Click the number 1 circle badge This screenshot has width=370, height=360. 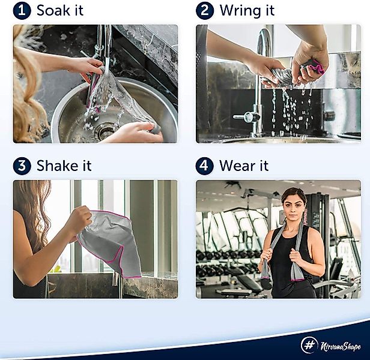coord(22,11)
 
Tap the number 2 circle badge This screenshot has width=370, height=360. coord(205,11)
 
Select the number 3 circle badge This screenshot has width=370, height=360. coord(22,166)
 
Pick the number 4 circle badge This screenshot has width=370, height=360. coord(205,166)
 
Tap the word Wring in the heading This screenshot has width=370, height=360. coord(239,11)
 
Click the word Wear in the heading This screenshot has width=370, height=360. coord(237,166)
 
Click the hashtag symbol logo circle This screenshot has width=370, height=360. coord(309,345)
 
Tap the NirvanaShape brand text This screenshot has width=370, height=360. coord(341,346)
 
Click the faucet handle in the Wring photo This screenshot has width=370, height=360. coord(247,117)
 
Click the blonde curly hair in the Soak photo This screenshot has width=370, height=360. coord(26,94)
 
